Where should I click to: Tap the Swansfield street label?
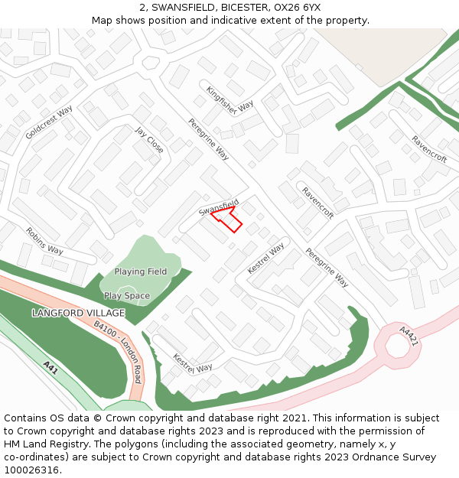coord(219,206)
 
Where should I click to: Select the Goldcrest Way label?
coord(49,122)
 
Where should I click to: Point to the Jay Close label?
coord(149,140)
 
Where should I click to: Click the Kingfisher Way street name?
coord(229,99)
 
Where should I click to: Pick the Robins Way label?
coord(44,240)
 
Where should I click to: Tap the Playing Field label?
coord(141,272)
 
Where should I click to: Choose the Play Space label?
coord(127,296)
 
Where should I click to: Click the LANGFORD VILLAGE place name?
coord(78,314)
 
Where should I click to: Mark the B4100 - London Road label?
coord(118,352)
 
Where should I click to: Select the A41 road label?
coord(50,369)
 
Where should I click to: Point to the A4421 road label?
coord(409,337)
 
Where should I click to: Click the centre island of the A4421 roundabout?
coord(397,346)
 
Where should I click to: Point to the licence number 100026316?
coord(33,470)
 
